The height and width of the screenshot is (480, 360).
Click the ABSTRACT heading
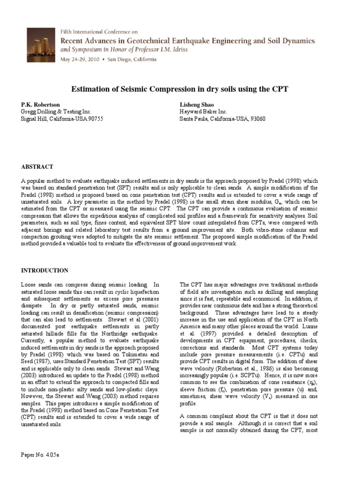[37, 167]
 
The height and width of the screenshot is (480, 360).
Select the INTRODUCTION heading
[45, 270]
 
